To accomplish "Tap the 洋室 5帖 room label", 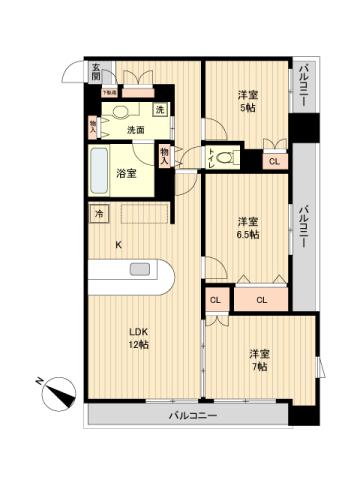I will (x=247, y=102).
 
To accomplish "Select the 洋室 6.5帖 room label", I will (x=248, y=228).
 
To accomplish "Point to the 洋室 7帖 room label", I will (x=259, y=360).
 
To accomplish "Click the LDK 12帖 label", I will (x=138, y=338).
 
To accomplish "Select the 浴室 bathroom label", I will (x=125, y=173).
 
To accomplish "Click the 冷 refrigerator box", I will (x=99, y=213).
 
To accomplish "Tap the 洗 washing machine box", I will (x=159, y=108).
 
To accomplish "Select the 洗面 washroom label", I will (x=136, y=130).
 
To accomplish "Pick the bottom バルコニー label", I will (x=192, y=414).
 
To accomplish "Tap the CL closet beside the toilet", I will (x=273, y=160).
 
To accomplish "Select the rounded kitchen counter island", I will (x=131, y=273).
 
